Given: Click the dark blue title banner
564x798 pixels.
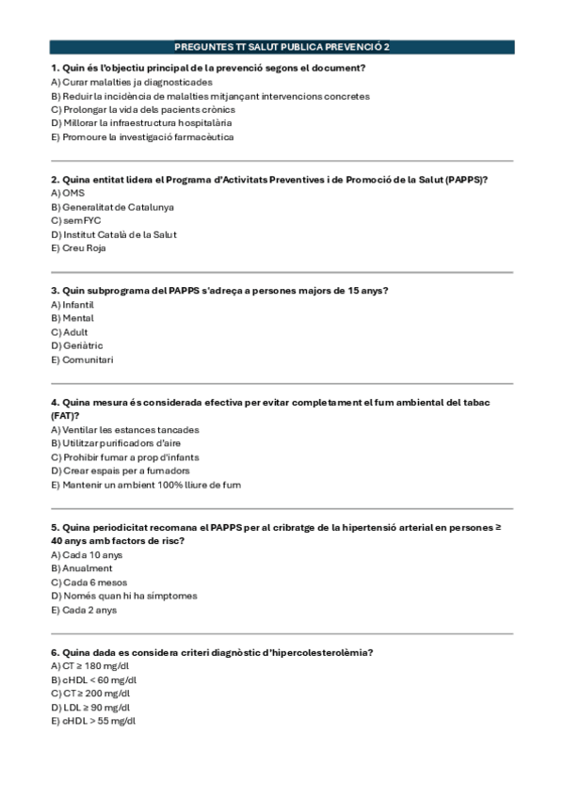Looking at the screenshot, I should (282, 46).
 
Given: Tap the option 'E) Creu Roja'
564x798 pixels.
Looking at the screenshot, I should (78, 248).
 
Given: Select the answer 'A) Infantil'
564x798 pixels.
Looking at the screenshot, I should (73, 305).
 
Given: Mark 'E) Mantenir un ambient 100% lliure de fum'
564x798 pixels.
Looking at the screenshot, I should (146, 485).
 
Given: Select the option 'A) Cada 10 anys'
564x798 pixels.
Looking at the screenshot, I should (87, 555).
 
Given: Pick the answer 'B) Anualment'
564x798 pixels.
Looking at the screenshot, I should (81, 568).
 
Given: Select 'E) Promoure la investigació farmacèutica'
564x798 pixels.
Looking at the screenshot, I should (142, 136).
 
